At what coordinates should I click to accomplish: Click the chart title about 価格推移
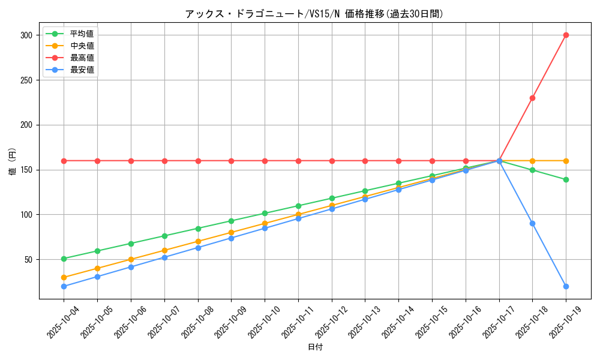(x=314, y=14)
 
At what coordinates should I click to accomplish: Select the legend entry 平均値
(x=82, y=34)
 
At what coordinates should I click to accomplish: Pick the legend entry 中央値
(x=82, y=46)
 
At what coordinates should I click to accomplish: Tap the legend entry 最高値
(x=82, y=58)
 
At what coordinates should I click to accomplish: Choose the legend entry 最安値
(x=82, y=70)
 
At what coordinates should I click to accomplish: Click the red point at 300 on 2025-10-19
(x=566, y=35)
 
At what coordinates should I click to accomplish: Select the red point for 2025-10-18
(x=532, y=98)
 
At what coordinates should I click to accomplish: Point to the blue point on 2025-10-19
(x=566, y=286)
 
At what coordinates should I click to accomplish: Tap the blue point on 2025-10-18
(x=532, y=223)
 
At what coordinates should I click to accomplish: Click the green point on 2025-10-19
(x=566, y=179)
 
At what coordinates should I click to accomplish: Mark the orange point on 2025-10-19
(x=566, y=161)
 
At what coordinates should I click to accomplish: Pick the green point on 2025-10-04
(x=64, y=259)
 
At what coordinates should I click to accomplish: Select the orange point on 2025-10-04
(x=64, y=277)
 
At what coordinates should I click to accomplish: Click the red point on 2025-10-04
(x=64, y=161)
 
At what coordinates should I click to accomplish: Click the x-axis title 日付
(x=315, y=347)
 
